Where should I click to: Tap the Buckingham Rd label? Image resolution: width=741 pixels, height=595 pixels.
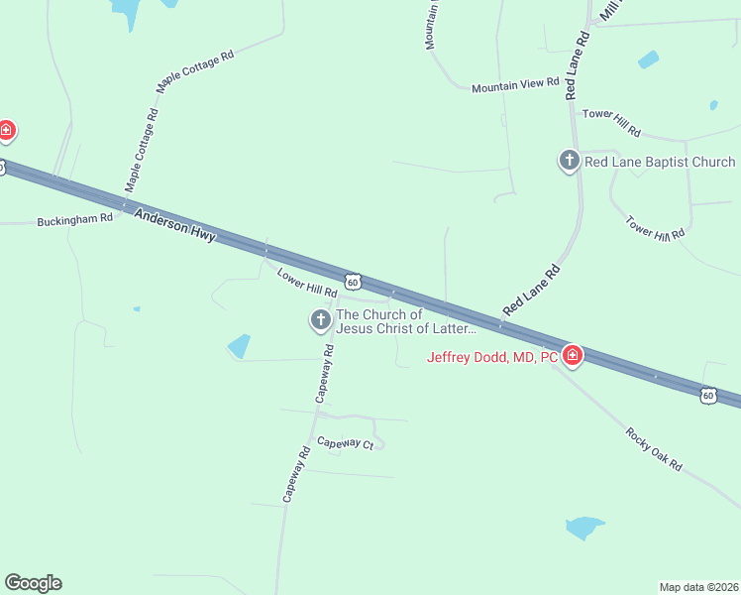75,219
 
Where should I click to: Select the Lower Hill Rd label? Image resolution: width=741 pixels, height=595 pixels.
307,284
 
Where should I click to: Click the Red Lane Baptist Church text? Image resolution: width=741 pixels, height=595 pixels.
660,162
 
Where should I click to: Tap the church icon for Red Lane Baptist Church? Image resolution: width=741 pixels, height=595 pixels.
570,161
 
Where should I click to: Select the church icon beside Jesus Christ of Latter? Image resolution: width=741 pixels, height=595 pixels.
320,320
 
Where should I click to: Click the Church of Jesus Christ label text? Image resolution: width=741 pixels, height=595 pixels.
406,321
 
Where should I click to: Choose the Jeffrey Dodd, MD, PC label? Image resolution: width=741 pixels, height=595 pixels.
492,358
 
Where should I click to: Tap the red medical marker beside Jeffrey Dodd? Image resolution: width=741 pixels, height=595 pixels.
572,355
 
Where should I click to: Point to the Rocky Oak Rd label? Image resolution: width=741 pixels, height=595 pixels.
654,449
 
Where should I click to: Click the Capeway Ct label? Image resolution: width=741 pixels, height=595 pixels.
345,443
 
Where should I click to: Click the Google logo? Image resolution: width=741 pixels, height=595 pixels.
33,583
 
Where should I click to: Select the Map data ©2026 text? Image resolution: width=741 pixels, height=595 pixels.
698,586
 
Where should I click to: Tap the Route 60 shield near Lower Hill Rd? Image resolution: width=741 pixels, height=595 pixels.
354,283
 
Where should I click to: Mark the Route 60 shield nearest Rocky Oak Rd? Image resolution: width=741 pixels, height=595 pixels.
707,396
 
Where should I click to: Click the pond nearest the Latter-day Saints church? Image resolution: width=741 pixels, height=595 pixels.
239,346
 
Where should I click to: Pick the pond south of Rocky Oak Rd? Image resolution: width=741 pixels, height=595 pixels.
584,526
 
